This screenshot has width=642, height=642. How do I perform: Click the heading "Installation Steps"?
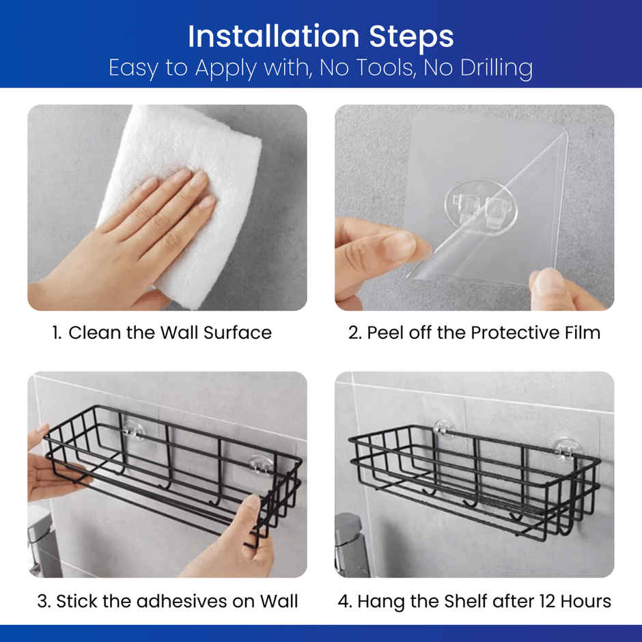point(320,37)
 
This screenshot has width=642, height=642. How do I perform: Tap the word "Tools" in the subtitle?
point(386,68)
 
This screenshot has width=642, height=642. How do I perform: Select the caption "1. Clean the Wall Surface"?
point(162,333)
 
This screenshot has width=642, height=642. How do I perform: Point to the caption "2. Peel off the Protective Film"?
point(474,333)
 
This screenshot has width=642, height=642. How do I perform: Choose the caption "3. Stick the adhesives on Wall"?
point(167,601)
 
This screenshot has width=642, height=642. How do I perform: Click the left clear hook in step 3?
point(133,431)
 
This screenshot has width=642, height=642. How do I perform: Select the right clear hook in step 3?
point(261,465)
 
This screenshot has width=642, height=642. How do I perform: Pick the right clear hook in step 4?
point(567,450)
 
